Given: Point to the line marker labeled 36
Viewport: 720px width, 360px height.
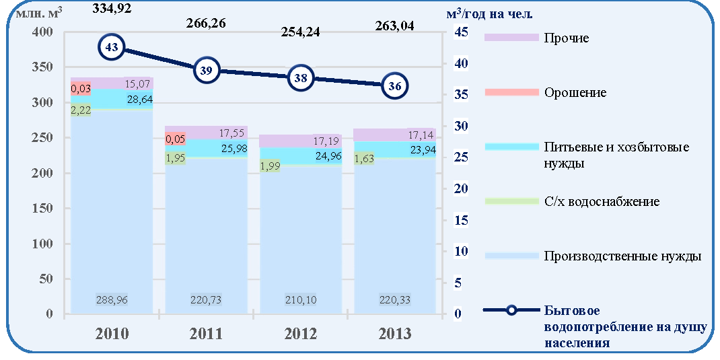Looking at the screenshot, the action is pyautogui.click(x=394, y=85).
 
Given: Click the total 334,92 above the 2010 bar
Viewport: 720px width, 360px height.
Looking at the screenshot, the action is pyautogui.click(x=112, y=7).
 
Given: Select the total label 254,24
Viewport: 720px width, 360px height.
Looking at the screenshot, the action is pyautogui.click(x=301, y=32).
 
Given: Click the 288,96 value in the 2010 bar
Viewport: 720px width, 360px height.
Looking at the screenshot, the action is pyautogui.click(x=112, y=300).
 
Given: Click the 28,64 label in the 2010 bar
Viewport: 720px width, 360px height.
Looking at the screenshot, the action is pyautogui.click(x=139, y=99).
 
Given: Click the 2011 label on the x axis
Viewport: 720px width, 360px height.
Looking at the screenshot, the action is pyautogui.click(x=206, y=333).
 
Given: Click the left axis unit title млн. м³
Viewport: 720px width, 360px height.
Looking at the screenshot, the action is pyautogui.click(x=38, y=12).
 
